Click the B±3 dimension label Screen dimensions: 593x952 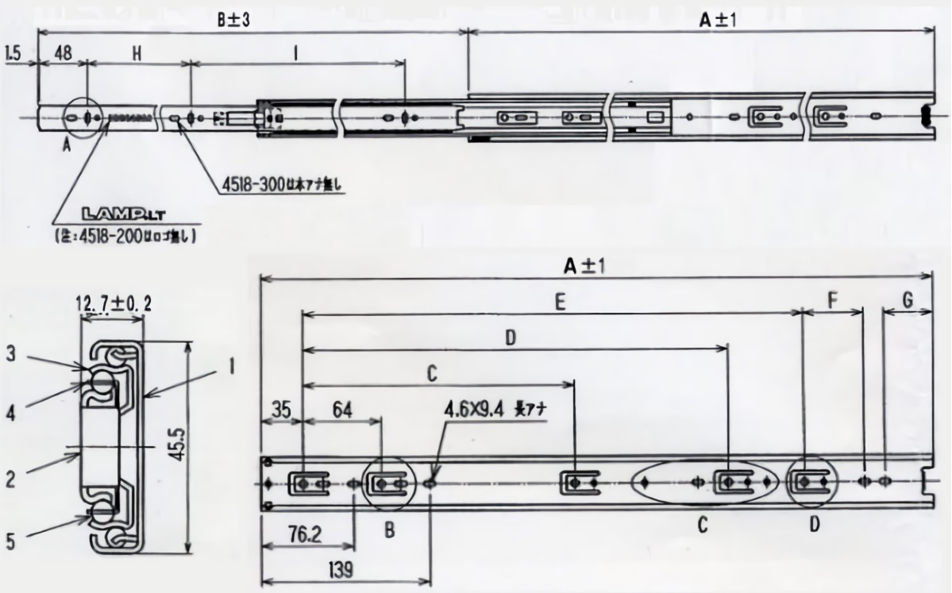tap(234, 21)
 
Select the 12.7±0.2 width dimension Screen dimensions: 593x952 tap(113, 303)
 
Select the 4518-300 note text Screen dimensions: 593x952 tap(275, 188)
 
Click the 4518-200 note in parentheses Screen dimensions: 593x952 tap(126, 237)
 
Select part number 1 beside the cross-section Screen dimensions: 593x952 tap(229, 368)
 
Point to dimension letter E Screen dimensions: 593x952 tap(560, 302)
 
